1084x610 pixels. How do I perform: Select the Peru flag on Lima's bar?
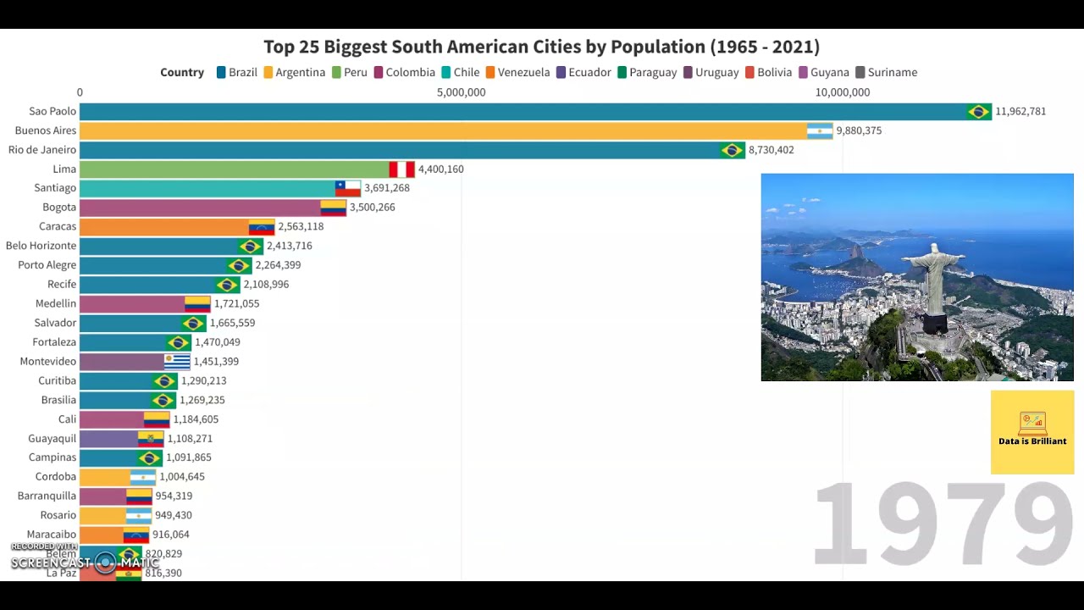point(401,169)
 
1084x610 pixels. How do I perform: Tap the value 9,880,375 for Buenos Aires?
point(859,130)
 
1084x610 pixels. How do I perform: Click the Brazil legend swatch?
point(221,73)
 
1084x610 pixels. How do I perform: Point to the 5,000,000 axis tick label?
point(461,92)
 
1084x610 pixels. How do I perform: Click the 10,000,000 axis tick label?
point(842,92)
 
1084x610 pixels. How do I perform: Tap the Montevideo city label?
point(48,361)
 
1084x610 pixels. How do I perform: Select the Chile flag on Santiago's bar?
point(347,188)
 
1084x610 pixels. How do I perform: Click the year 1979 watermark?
point(942,524)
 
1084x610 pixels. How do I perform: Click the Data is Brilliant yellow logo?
point(1032,431)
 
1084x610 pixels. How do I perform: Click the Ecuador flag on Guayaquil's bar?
point(151,438)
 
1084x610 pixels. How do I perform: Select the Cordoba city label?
point(56,476)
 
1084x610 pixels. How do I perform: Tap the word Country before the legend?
point(182,73)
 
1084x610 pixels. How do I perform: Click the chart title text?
point(541,47)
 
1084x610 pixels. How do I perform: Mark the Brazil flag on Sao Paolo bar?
point(978,111)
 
